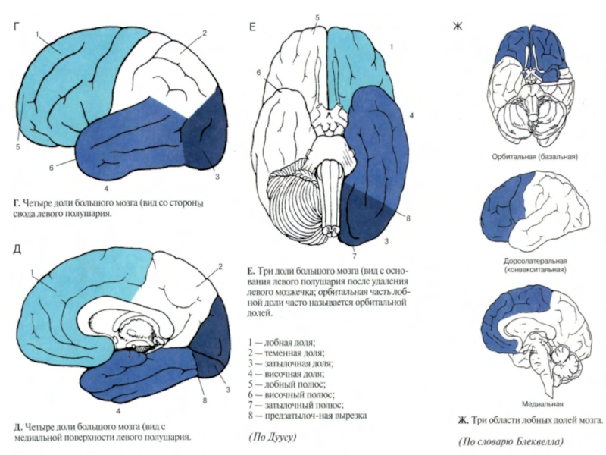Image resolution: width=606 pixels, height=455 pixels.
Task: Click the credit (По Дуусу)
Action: pos(271,437)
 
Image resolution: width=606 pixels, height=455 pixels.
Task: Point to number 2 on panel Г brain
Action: pos(204,33)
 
